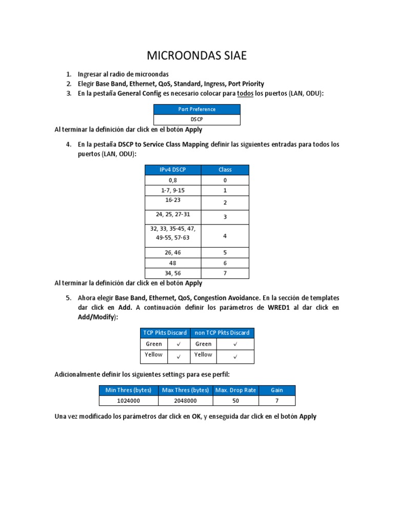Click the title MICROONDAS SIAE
[x=197, y=55]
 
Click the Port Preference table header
[x=197, y=109]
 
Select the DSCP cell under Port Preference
[x=197, y=119]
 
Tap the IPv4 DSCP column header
[x=173, y=170]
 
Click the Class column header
[x=225, y=170]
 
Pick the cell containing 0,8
[x=173, y=180]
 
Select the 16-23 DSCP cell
[x=173, y=200]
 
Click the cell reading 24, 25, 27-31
[x=173, y=214]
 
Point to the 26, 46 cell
[x=173, y=253]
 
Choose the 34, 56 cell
[x=173, y=273]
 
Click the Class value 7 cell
[x=225, y=273]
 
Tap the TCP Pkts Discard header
[x=165, y=333]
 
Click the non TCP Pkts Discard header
[x=222, y=333]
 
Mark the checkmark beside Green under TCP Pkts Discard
[x=178, y=344]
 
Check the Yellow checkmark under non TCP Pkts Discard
[x=235, y=355]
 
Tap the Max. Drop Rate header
[x=235, y=390]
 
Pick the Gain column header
[x=277, y=390]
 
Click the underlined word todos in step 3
[x=245, y=93]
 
